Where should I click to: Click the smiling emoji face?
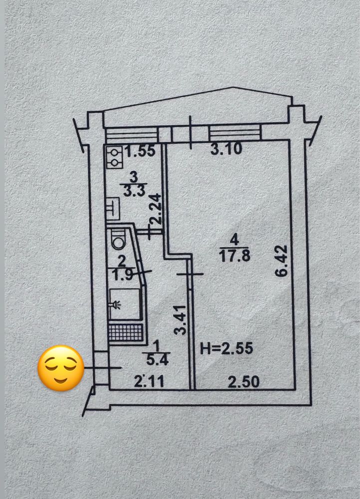(x=61, y=368)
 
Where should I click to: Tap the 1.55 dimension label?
(x=140, y=151)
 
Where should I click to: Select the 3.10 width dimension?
(x=226, y=149)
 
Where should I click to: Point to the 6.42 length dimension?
(x=282, y=260)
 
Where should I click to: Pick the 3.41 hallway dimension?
(x=180, y=320)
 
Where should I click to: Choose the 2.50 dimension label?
(x=244, y=382)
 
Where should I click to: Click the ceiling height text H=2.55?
(x=227, y=348)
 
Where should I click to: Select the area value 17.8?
(x=235, y=256)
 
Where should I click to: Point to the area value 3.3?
(x=134, y=191)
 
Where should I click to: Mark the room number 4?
(x=234, y=240)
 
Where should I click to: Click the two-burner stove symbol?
(x=114, y=157)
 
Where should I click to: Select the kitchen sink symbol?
(x=113, y=209)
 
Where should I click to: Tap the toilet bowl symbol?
(x=119, y=240)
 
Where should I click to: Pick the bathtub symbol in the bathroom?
(x=125, y=304)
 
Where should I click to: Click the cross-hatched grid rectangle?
(x=125, y=333)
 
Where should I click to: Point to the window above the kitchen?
(x=132, y=135)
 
